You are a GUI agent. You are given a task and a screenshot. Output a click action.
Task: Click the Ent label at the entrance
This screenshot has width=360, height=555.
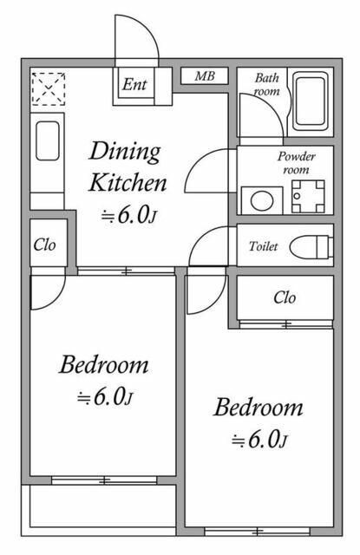pos(134,85)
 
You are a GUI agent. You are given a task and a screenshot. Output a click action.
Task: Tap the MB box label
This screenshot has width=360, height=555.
pos(204,76)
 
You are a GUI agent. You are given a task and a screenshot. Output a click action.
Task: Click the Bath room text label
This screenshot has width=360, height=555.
pos(265,84)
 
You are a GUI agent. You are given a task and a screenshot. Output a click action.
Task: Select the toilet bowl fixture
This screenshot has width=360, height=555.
pos(310,246)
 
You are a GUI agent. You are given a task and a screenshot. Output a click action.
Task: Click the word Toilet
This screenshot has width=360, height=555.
pos(263,247)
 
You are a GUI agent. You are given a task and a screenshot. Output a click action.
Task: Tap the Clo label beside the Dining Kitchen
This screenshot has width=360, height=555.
pos(44,245)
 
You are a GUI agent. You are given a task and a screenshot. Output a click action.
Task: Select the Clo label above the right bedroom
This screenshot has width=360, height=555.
pos(285,298)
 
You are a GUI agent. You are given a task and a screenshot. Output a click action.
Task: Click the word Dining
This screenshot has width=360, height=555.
pos(126,152)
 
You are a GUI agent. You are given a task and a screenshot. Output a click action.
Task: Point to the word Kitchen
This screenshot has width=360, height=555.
pos(128,183)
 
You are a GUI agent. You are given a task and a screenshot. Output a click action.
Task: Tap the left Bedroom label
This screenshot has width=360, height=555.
pos(103,365)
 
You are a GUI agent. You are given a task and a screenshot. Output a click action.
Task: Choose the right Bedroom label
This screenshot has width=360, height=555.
pos(259,408)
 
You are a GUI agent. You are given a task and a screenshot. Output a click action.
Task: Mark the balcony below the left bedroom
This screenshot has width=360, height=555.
pos(103,511)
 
